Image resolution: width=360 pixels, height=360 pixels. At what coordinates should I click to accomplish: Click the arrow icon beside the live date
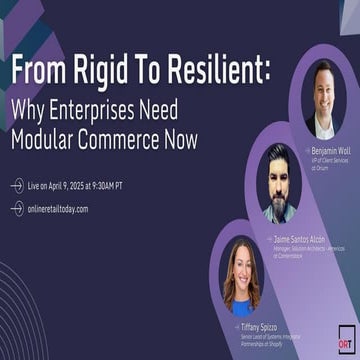coord(17,186)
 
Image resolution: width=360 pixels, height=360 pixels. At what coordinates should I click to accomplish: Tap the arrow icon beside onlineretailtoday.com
coord(17,209)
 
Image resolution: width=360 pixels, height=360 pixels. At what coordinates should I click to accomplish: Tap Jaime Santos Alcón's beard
coord(277,191)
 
